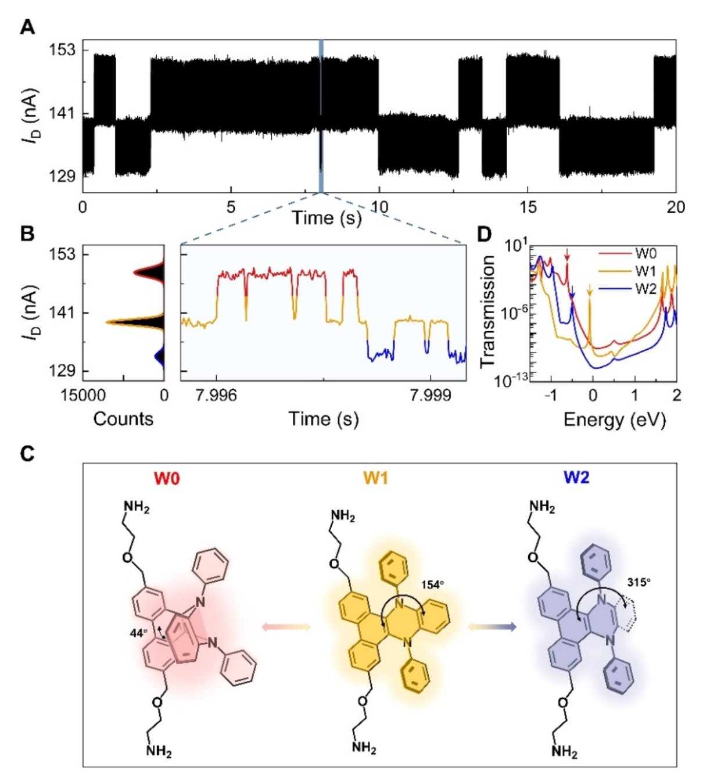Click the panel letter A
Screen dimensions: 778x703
tap(27, 27)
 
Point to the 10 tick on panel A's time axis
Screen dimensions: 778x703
tap(379, 207)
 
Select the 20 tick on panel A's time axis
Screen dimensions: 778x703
tap(676, 207)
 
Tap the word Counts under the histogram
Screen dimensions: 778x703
tap(123, 418)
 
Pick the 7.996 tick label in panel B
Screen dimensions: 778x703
tap(217, 396)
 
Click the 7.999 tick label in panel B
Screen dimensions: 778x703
tap(430, 396)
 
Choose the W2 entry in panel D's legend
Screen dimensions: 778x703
tap(645, 288)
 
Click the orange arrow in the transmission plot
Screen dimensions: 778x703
tap(590, 291)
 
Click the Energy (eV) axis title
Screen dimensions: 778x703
tap(615, 418)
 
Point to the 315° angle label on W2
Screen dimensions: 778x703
tap(639, 582)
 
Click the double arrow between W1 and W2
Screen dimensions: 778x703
tap(492, 626)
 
